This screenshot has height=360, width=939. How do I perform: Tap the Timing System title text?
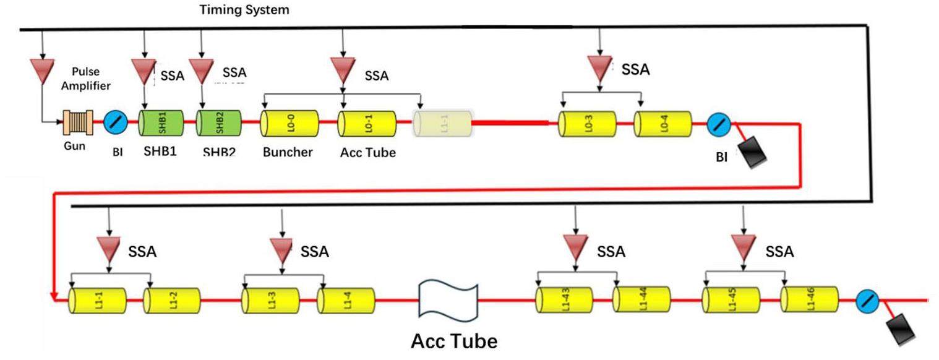(244, 10)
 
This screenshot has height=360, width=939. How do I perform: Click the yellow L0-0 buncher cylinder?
(289, 124)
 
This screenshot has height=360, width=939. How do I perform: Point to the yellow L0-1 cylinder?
(367, 124)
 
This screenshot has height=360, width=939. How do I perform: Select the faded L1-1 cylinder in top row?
(442, 124)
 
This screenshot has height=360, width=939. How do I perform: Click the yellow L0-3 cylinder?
(586, 124)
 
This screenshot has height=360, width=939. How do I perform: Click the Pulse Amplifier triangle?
(42, 71)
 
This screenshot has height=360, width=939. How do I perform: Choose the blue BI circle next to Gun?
(116, 122)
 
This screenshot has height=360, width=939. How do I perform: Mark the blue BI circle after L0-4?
(719, 125)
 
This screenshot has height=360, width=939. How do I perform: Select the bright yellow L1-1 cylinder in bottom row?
(96, 301)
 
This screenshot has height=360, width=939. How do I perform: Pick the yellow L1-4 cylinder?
(346, 301)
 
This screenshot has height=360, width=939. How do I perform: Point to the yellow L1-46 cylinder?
(809, 300)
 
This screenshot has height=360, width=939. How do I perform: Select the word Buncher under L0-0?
(288, 152)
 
